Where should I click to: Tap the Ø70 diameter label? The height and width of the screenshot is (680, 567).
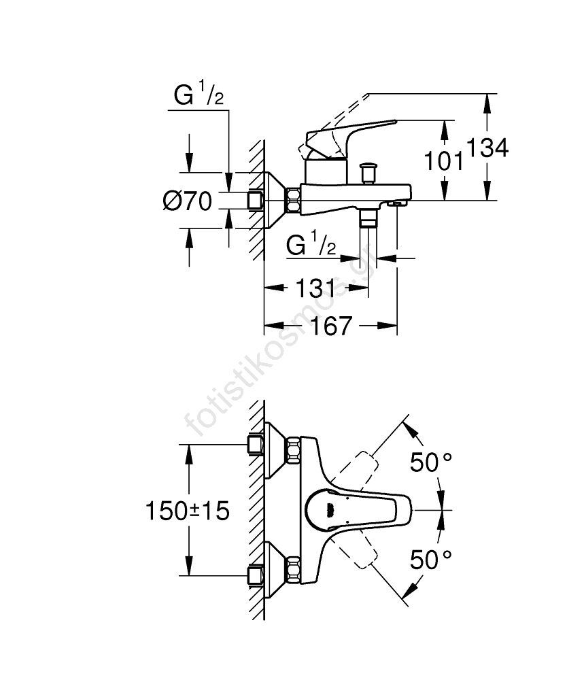click(188, 201)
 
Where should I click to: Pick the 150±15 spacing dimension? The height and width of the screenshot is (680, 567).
click(187, 510)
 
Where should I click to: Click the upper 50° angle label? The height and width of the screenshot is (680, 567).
click(431, 462)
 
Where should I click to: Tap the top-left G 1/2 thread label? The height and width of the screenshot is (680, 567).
click(199, 97)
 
